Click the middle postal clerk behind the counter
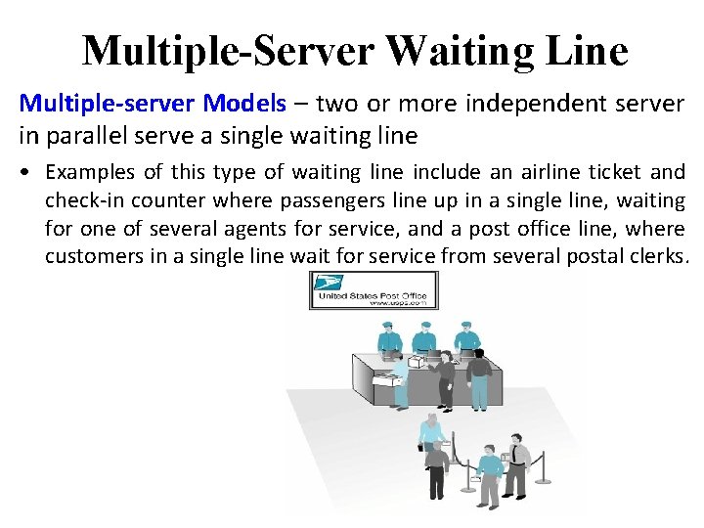pyautogui.click(x=423, y=338)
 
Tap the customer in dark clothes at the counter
pyautogui.click(x=479, y=376)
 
